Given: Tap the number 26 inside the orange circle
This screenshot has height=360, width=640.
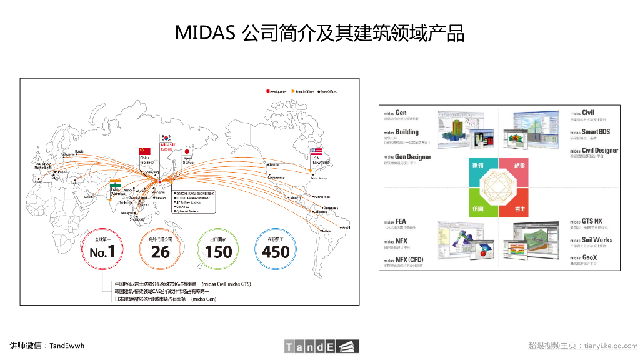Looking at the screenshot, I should click(160, 252).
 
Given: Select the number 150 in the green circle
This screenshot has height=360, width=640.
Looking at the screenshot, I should click(218, 252).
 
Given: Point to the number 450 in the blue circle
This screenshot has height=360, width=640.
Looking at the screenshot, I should click(276, 252).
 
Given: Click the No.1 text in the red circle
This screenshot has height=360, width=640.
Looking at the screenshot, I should click(102, 252).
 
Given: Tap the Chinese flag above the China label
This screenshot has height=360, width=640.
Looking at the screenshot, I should click(145, 151).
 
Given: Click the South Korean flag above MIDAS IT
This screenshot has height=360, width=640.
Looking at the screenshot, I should click(167, 138).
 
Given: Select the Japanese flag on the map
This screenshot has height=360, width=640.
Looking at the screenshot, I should click(187, 151).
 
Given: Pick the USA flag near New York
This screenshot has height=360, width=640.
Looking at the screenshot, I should click(316, 152).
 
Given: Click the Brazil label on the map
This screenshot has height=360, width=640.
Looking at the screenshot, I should click(345, 228).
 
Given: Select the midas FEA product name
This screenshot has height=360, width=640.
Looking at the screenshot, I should click(395, 221).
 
